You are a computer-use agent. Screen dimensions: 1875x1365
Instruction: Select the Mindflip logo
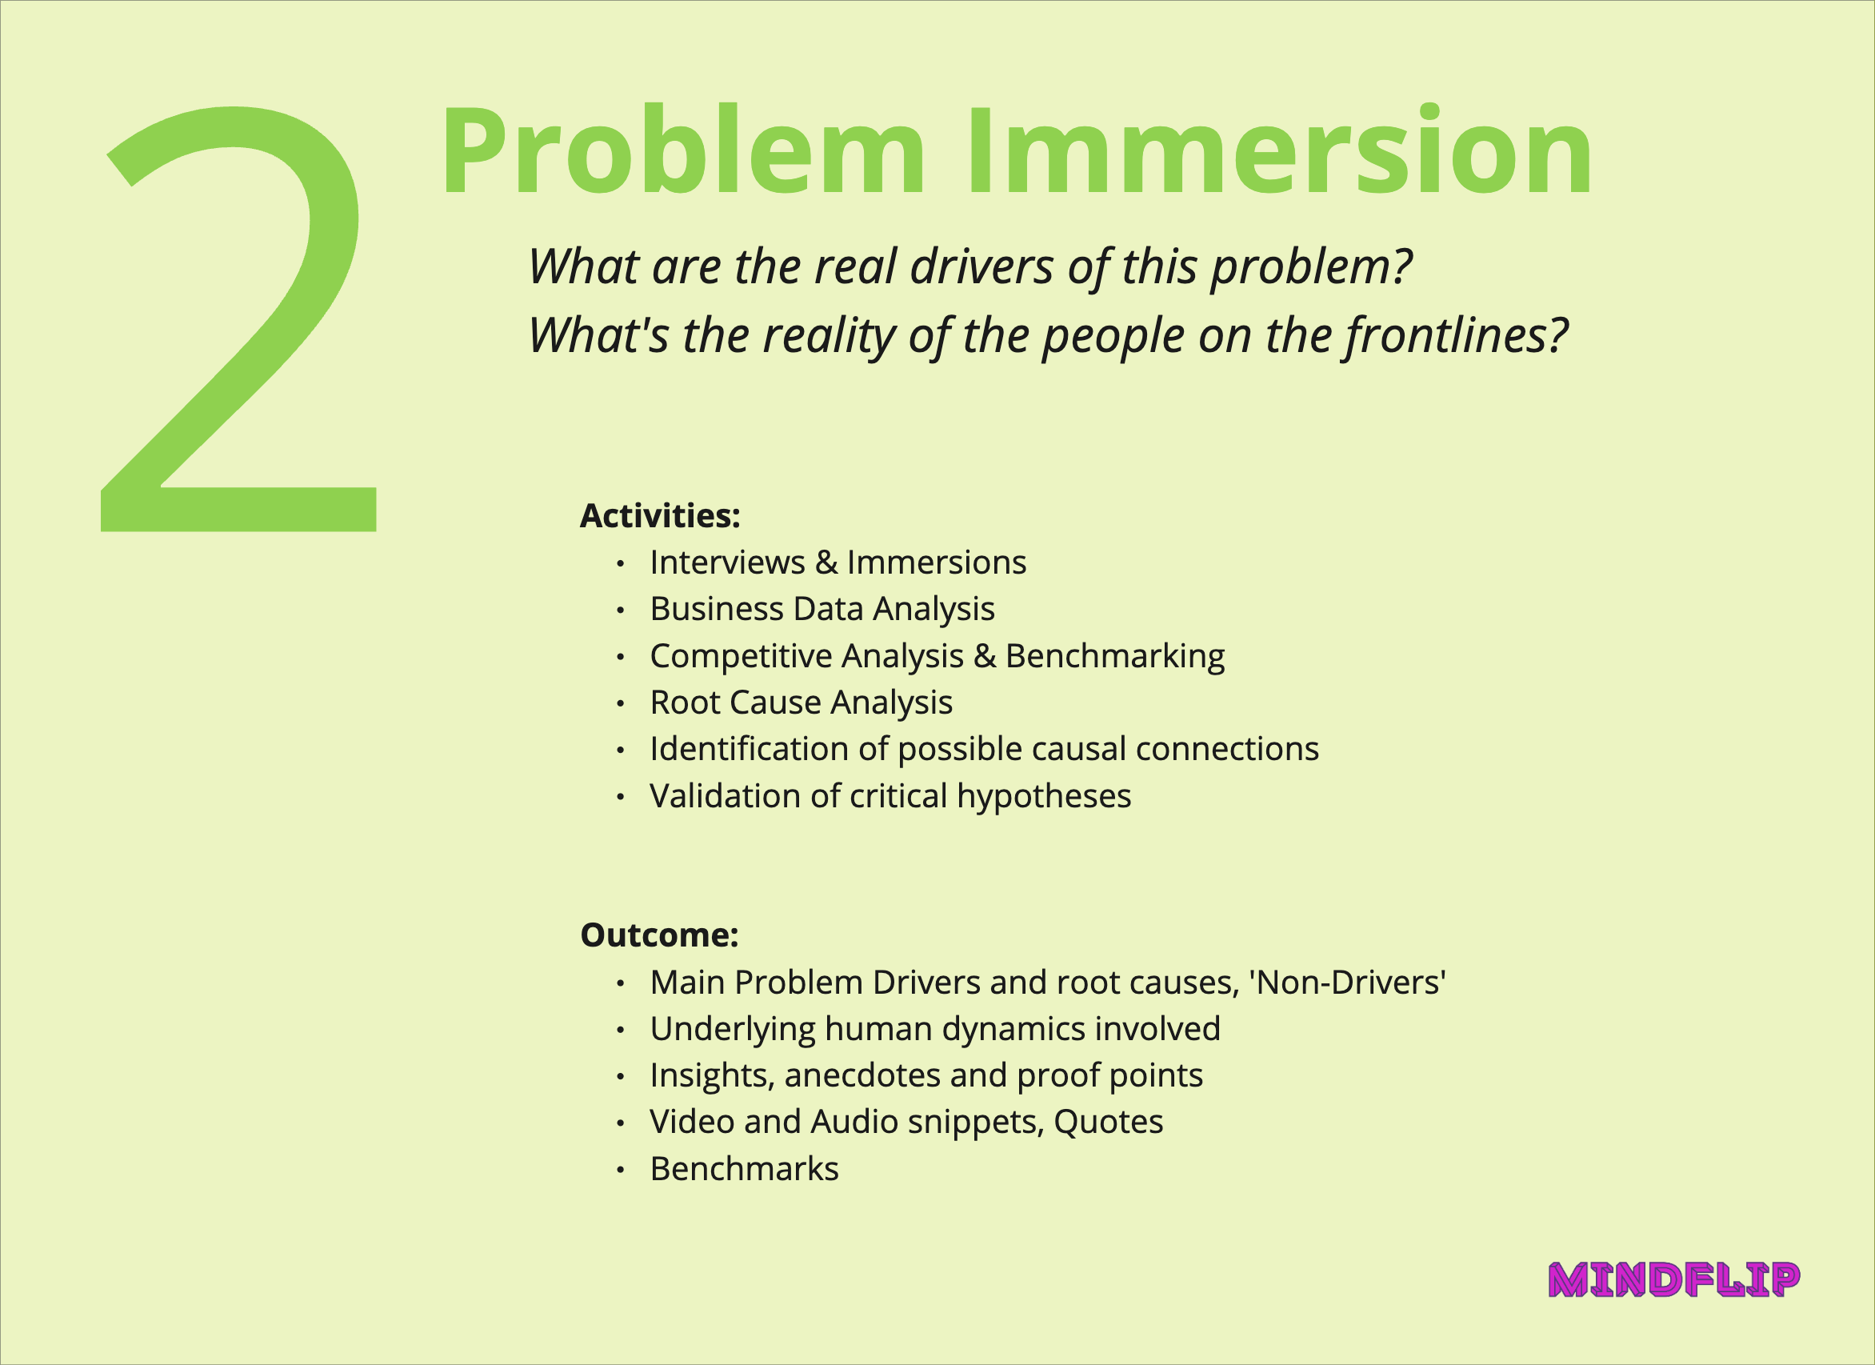1675,1280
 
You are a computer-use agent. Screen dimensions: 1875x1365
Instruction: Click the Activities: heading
660,516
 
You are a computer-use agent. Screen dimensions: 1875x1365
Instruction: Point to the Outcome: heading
659,935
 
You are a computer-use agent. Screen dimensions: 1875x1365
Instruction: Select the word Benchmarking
1115,656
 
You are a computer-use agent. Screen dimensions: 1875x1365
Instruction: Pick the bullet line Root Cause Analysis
801,703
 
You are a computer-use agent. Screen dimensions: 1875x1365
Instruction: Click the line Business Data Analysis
822,610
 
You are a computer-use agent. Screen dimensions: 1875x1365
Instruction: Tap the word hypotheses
1044,796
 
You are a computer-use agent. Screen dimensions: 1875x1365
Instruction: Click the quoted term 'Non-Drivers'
1348,983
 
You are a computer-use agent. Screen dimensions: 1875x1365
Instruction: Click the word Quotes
1109,1122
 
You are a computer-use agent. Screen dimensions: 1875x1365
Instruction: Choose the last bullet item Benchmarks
744,1169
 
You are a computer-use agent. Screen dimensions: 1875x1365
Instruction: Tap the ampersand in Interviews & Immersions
826,563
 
